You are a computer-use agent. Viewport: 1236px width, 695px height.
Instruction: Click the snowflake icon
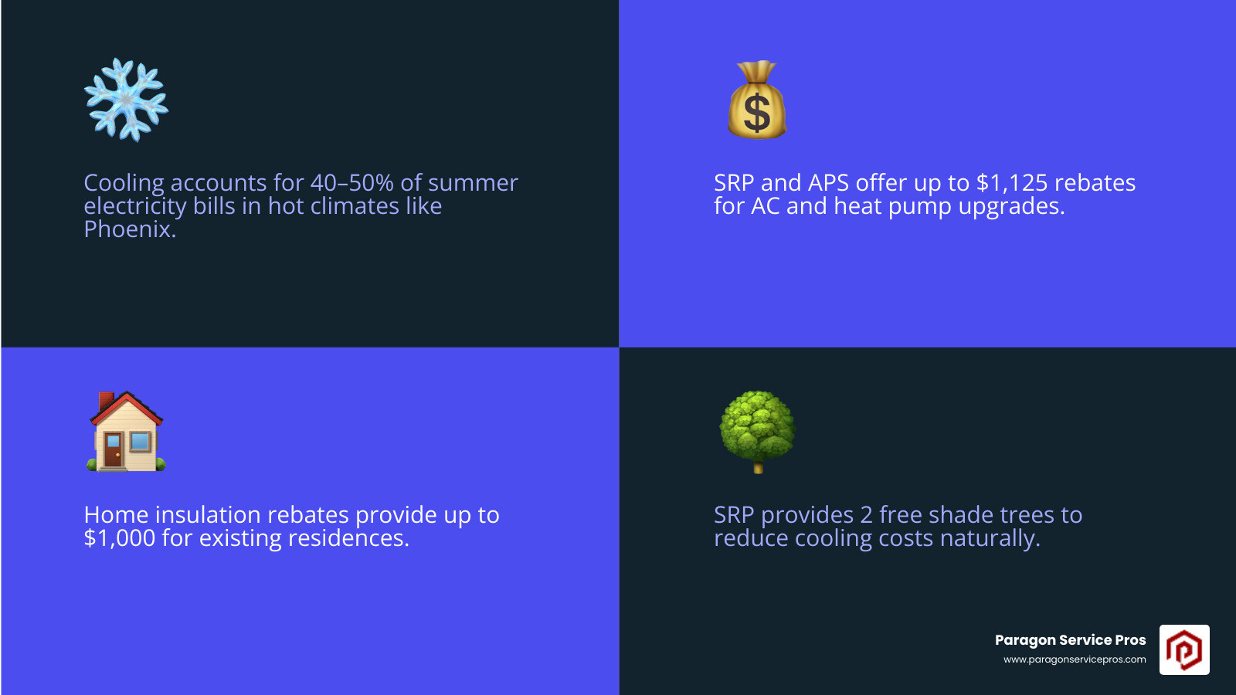click(126, 100)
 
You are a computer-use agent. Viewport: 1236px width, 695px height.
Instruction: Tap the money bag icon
click(757, 100)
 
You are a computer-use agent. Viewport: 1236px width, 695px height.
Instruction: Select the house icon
click(126, 432)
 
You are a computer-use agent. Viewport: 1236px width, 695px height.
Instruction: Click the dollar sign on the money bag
click(757, 113)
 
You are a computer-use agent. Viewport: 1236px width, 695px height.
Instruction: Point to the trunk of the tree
click(758, 466)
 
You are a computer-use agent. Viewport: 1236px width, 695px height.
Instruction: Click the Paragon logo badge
click(1183, 649)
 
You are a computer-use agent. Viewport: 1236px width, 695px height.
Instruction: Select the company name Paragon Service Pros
click(1070, 640)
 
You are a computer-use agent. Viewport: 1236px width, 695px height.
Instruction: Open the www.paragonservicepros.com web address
click(1075, 659)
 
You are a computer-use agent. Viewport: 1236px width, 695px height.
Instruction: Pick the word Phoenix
click(129, 229)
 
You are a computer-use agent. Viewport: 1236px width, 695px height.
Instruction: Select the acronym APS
click(828, 183)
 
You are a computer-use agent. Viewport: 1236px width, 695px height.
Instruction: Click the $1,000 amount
click(120, 538)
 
